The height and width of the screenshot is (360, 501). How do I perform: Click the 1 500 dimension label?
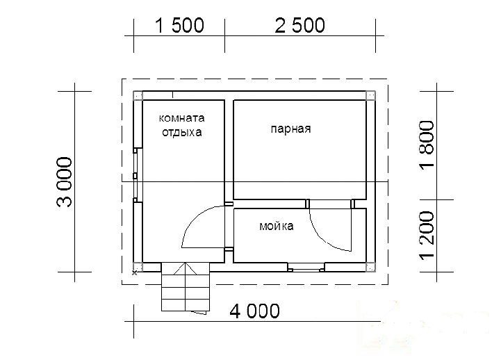pos(179,26)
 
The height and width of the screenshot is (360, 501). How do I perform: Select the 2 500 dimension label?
pos(299,26)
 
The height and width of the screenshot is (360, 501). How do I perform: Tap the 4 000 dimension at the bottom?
pos(254,311)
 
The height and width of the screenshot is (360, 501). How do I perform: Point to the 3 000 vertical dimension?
pos(65,182)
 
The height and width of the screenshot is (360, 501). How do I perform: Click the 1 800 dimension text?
pos(427,145)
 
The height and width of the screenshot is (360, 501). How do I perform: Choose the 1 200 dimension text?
pos(427,234)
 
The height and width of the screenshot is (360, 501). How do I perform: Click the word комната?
pos(181,118)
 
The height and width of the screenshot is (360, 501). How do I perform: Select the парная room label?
pos(290,129)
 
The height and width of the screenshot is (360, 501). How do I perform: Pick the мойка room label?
pos(277,226)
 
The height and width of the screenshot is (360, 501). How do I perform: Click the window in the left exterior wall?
pos(136,175)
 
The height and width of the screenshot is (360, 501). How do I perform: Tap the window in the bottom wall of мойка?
pos(306,268)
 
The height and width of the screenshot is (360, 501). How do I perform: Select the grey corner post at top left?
pos(138,96)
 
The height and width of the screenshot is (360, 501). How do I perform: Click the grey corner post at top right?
pos(370,96)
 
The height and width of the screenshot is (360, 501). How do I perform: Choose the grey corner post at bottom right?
pos(370,268)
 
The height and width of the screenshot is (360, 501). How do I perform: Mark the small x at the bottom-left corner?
pos(135,273)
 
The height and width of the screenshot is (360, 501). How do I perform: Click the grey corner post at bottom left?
pos(138,267)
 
